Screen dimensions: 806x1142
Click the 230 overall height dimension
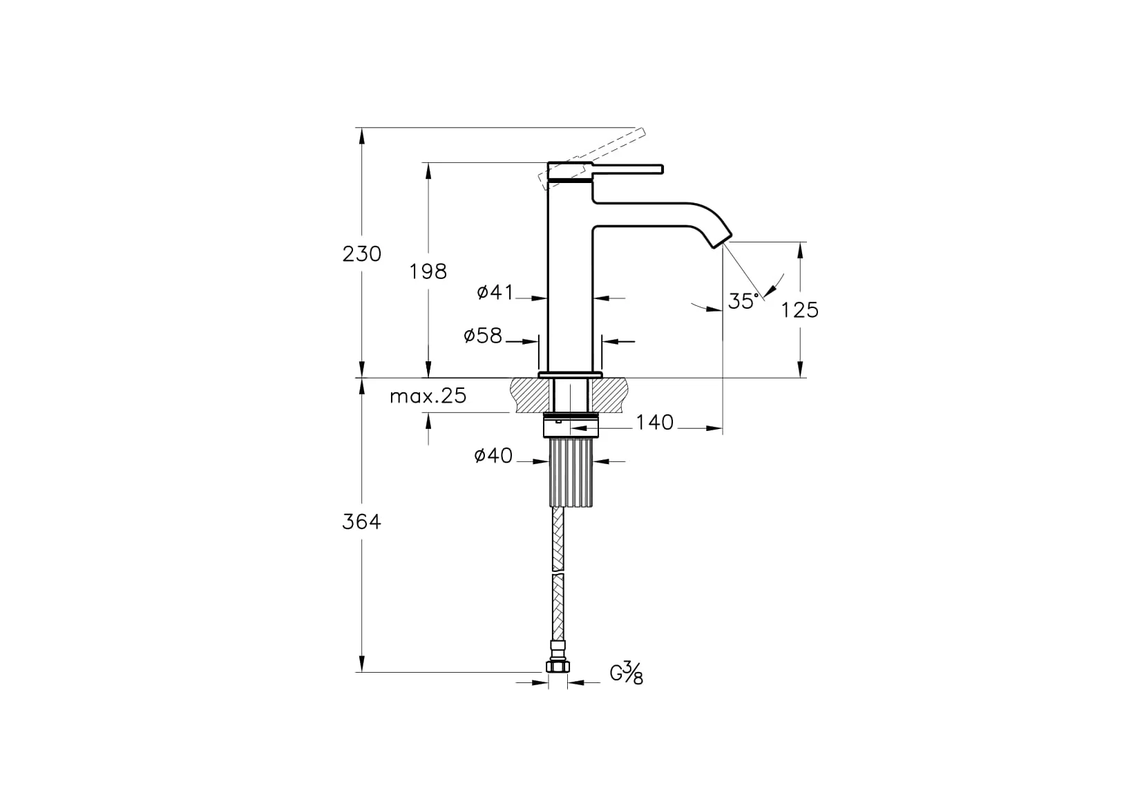(x=361, y=254)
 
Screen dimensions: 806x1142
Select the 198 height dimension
(x=428, y=271)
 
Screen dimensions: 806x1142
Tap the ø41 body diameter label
(x=495, y=293)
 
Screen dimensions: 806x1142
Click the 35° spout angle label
(x=743, y=302)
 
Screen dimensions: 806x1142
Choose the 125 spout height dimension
(x=799, y=310)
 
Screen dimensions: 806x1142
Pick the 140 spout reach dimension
(x=654, y=422)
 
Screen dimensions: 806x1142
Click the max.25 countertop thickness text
(x=428, y=396)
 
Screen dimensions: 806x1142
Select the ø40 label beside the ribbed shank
(x=493, y=456)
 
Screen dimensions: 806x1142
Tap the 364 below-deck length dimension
(x=361, y=522)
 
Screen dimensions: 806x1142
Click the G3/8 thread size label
(x=626, y=673)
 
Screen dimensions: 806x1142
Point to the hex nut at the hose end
(x=557, y=666)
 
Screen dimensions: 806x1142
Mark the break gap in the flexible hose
(x=558, y=572)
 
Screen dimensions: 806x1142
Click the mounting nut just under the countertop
(x=571, y=425)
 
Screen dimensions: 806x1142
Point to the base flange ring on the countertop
(x=571, y=374)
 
